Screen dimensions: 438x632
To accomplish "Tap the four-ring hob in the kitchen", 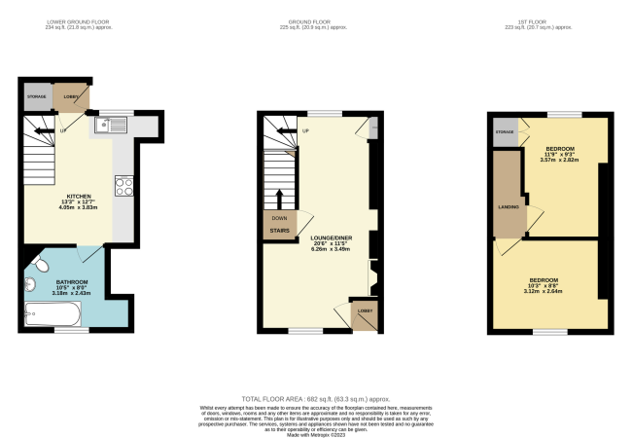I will [x=124, y=185].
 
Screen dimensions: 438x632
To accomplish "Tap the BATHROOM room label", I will [x=60, y=282].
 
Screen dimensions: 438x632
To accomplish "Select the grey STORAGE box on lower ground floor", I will [x=37, y=97].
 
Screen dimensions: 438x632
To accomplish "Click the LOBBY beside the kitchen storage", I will [x=71, y=97].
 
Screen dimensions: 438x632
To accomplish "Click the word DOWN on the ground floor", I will [x=279, y=219].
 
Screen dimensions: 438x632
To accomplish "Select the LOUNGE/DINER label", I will [x=330, y=237].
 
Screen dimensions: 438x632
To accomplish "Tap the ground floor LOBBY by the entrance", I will [x=365, y=310].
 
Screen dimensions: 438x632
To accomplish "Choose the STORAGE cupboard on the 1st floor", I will [x=504, y=130].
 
